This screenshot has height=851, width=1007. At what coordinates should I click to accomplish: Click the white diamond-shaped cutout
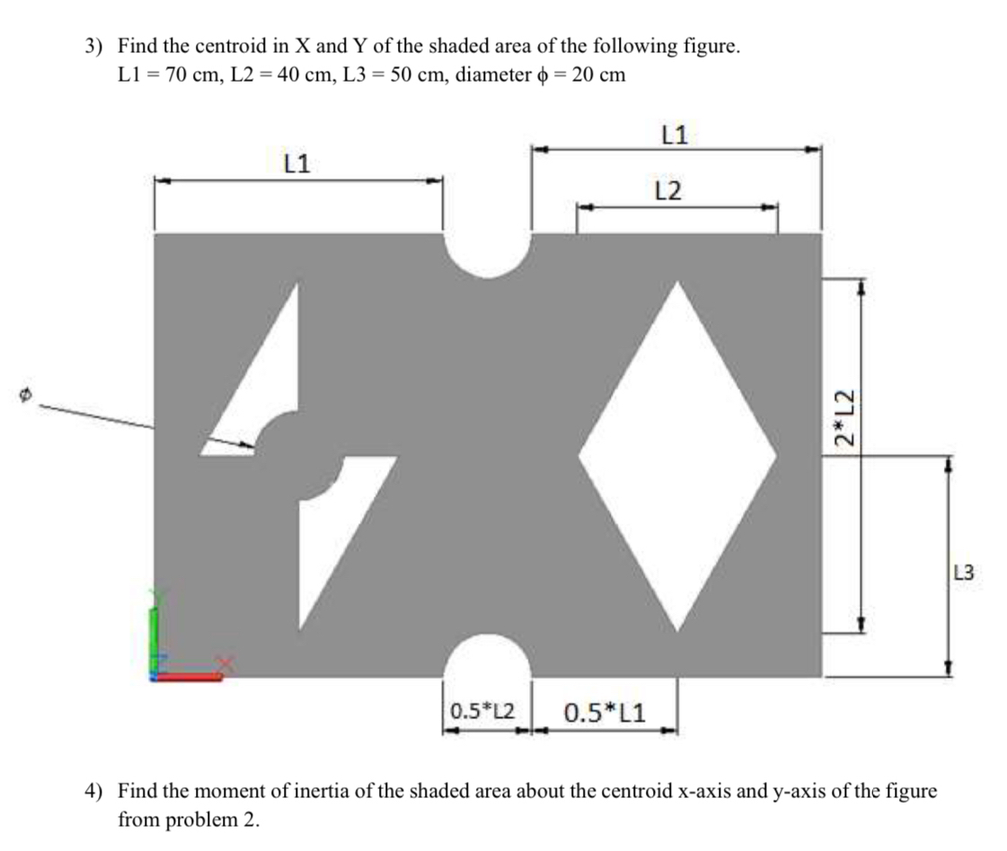pos(677,455)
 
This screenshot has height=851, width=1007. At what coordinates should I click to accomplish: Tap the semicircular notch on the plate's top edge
pos(487,251)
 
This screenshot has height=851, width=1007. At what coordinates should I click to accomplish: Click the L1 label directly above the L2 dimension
pos(674,136)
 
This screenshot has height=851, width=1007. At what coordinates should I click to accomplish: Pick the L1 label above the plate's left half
pos(296,163)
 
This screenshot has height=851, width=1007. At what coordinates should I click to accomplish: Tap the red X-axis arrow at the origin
pos(193,676)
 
